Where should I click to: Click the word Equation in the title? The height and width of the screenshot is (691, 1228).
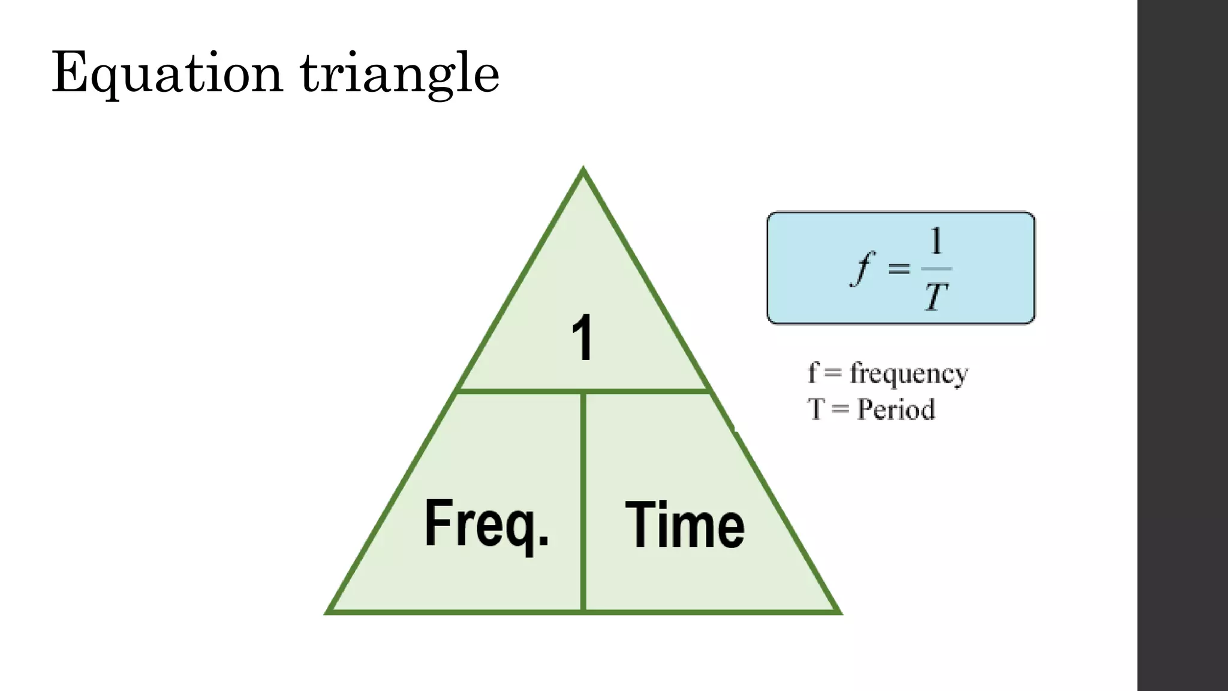[167, 74]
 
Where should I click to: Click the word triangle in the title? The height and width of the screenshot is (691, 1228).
[399, 74]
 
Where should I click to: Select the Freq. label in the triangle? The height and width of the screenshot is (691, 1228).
[486, 524]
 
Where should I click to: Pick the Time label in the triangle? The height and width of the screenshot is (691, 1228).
[685, 525]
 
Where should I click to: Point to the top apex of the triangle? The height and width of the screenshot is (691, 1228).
[583, 170]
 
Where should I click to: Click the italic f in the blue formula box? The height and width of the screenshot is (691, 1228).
[862, 268]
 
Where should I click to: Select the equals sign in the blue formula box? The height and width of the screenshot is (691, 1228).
[899, 268]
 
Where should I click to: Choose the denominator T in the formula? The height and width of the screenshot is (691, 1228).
[936, 297]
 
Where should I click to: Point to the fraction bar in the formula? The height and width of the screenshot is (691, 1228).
[936, 268]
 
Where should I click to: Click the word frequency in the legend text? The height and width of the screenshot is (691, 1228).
[909, 374]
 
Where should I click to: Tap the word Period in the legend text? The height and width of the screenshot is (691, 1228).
[896, 410]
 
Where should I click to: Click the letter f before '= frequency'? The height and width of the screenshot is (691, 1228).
[813, 372]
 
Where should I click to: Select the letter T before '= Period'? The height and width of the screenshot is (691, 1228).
[815, 410]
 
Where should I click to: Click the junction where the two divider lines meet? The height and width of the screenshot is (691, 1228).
[583, 392]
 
